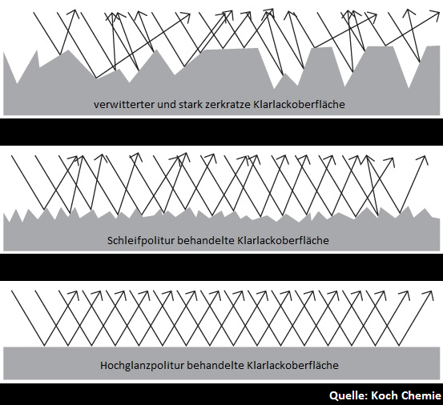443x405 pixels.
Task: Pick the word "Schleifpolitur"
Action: tap(140, 241)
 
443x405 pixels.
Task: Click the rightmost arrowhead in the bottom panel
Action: tap(429, 294)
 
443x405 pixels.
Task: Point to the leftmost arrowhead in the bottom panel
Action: tap(74, 294)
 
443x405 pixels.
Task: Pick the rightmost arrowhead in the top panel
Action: tap(435, 14)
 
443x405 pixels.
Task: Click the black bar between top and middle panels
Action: tap(221, 132)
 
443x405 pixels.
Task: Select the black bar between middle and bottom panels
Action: tap(221, 267)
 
